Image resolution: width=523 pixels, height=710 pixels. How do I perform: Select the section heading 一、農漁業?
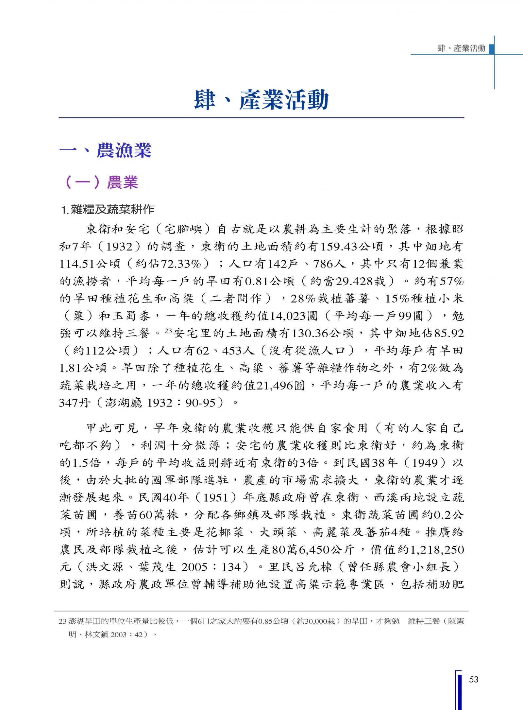105,151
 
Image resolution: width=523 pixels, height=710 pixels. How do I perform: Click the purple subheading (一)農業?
102,182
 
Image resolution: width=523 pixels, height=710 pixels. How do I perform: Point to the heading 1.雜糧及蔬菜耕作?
108,209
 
